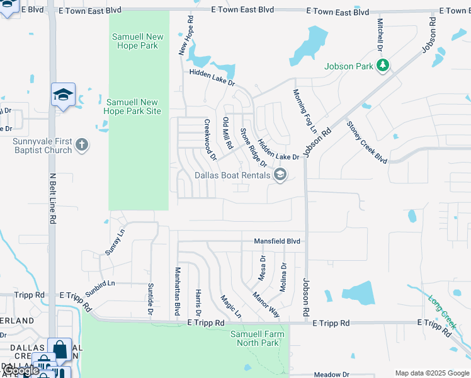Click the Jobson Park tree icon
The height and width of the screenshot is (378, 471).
coord(382,65)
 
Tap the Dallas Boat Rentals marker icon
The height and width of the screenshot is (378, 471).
coord(280,176)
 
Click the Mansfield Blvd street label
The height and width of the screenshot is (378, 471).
coord(277,241)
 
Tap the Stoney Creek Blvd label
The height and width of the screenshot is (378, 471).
coord(366,142)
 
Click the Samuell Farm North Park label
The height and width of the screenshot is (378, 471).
coord(258,338)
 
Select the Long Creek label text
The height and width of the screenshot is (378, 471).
coord(441,311)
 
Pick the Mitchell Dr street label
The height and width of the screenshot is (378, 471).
coord(381,35)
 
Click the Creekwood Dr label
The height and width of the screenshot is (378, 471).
coord(210,140)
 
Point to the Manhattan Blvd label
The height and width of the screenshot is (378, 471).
coord(178,290)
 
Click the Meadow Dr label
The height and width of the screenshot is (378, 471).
coord(331,374)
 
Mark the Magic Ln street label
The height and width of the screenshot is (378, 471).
coord(230,306)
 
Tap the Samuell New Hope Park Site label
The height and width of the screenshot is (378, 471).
coord(133,106)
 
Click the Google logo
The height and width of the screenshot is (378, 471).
coord(21,370)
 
